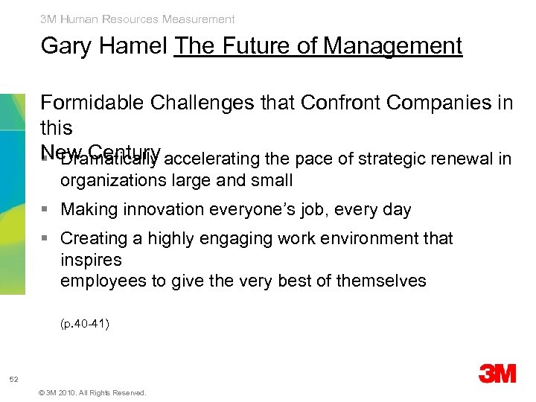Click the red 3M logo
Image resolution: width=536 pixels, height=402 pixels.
tap(497, 374)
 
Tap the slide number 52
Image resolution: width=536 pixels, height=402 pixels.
tap(14, 380)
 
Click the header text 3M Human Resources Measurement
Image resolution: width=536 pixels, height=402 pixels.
tap(138, 19)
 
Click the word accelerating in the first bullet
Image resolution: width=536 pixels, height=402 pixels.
tap(208, 159)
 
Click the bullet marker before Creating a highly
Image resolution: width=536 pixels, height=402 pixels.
tap(46, 239)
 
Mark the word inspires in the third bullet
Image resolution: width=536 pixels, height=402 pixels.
tap(91, 260)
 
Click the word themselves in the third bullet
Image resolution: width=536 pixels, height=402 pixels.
tap(381, 281)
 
